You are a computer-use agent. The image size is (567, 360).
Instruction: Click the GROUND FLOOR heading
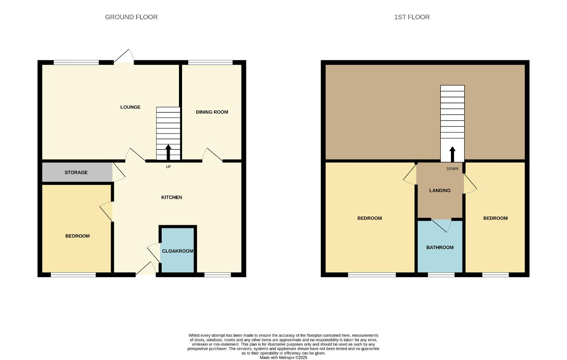[131, 17]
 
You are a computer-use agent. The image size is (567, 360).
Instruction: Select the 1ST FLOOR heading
[412, 17]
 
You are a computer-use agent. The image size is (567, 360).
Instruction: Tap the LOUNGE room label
[130, 107]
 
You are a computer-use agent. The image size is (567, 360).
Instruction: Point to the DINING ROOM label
[212, 112]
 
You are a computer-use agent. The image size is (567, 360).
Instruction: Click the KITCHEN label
[171, 197]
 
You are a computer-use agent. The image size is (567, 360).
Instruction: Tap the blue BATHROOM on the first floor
[440, 247]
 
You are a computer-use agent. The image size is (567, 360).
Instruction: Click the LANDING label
[440, 191]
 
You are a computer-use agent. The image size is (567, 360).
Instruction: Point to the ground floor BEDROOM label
[78, 236]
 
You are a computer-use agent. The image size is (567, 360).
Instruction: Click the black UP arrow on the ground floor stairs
[168, 152]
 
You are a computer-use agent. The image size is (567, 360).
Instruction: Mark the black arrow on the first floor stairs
[452, 154]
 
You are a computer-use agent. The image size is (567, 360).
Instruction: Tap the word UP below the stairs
[168, 167]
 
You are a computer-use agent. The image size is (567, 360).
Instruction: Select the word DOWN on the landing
[452, 169]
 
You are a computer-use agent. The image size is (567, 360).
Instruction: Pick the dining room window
[210, 63]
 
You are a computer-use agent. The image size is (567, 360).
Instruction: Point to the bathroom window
[441, 275]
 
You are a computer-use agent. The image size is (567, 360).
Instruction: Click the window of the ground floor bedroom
[74, 275]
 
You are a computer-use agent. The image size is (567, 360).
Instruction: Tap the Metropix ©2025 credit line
[283, 357]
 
